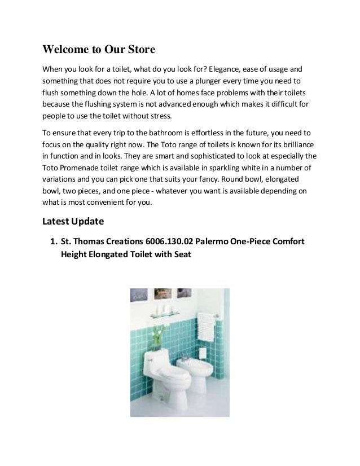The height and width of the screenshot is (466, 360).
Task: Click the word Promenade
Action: coord(83,169)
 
